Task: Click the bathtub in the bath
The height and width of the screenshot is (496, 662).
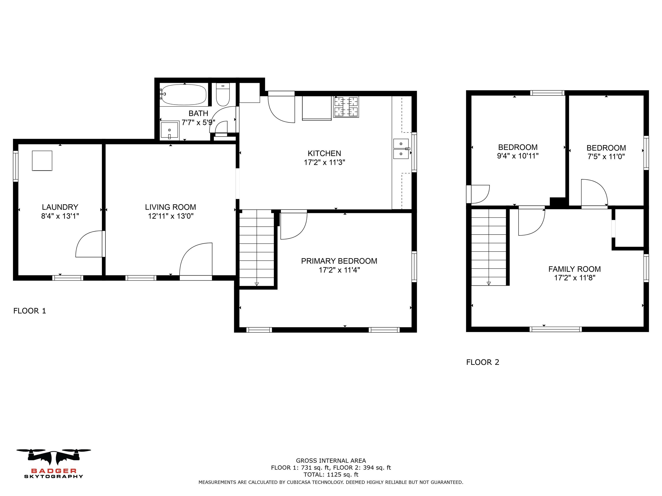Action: pyautogui.click(x=183, y=95)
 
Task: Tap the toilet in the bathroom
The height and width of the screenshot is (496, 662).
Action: pyautogui.click(x=223, y=94)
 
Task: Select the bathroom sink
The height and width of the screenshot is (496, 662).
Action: pyautogui.click(x=169, y=130)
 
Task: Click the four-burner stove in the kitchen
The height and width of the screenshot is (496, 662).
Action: pyautogui.click(x=346, y=107)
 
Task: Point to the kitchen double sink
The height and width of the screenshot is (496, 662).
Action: pyautogui.click(x=401, y=149)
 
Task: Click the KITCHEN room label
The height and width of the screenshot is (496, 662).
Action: pyautogui.click(x=324, y=153)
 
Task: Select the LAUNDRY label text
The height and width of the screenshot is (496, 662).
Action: pyautogui.click(x=60, y=207)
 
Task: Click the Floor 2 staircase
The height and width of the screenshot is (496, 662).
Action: pyautogui.click(x=489, y=247)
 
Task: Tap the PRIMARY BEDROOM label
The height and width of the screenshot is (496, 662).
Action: pyautogui.click(x=339, y=261)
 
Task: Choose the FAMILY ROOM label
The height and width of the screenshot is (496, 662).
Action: pyautogui.click(x=574, y=269)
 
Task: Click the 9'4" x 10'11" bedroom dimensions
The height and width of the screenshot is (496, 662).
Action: pyautogui.click(x=518, y=156)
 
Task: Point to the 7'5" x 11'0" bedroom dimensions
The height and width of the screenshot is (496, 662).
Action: pyautogui.click(x=606, y=156)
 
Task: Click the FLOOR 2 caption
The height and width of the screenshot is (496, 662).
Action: pyautogui.click(x=483, y=362)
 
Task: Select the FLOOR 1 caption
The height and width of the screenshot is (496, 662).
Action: pyautogui.click(x=30, y=311)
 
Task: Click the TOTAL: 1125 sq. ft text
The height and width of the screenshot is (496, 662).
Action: pyautogui.click(x=331, y=474)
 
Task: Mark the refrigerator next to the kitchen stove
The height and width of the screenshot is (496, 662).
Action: pyautogui.click(x=317, y=108)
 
